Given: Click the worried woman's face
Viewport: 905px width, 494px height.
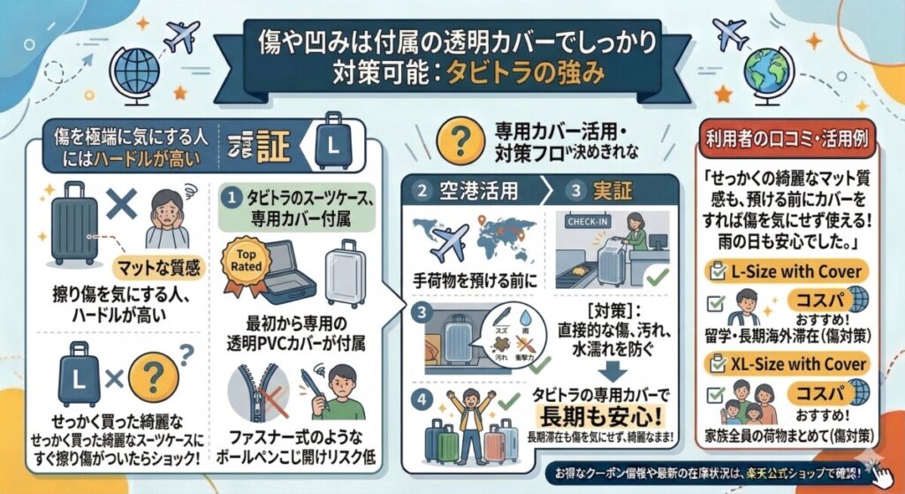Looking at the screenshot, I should tap(167, 213).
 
